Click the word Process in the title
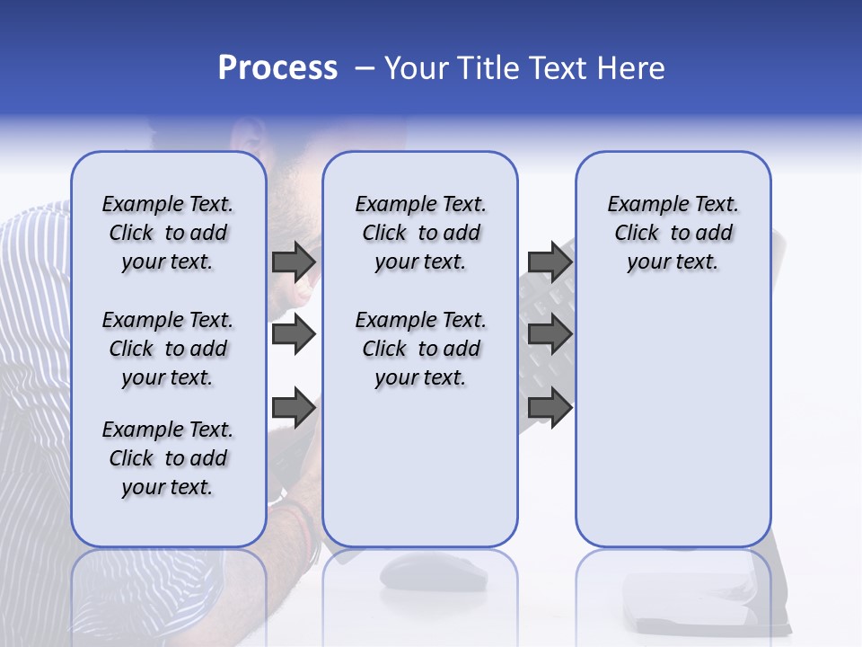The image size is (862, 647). [x=277, y=68]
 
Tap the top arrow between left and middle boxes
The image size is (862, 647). [x=294, y=261]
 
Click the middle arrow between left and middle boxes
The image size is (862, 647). [x=294, y=335]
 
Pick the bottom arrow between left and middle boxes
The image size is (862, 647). [x=294, y=408]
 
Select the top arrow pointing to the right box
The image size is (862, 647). [x=550, y=261]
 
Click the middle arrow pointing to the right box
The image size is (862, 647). [x=550, y=335]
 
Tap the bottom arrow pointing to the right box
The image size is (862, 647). [x=550, y=408]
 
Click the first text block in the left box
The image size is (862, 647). [x=168, y=233]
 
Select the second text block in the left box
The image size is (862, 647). [x=168, y=349]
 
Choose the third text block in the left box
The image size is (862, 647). [x=168, y=458]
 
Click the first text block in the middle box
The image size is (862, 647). [x=420, y=233]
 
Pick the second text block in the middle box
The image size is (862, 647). [x=420, y=349]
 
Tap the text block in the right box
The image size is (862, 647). [x=673, y=233]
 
